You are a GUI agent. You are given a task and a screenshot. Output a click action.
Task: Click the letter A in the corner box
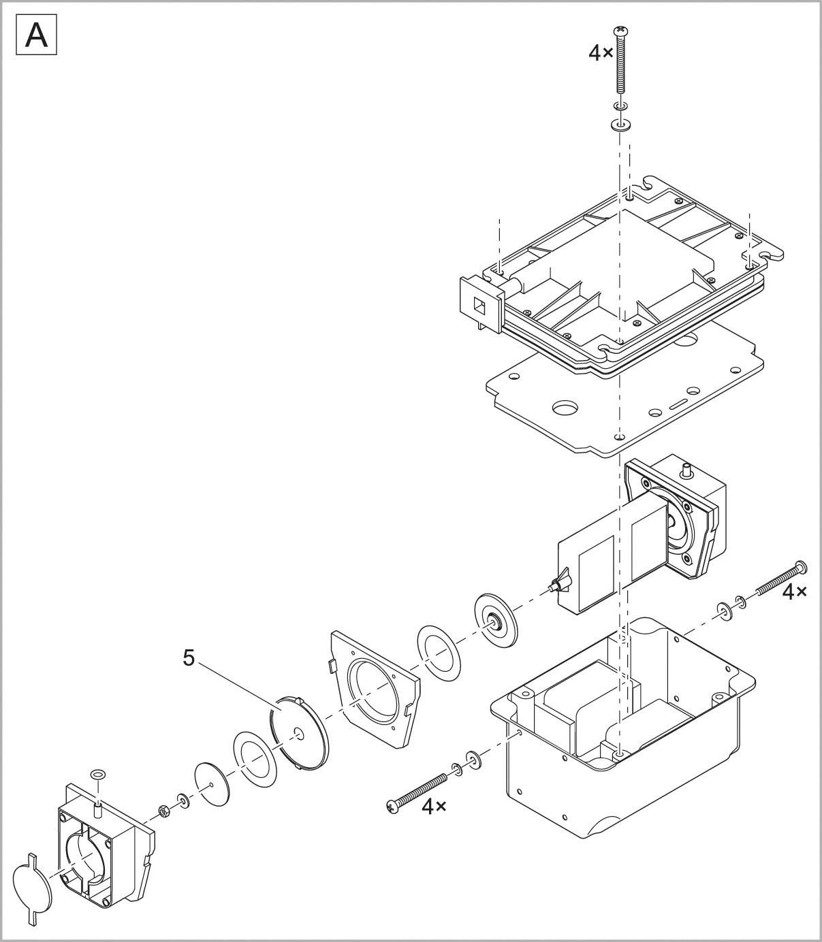tap(36, 36)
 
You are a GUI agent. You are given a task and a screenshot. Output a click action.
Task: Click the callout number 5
tap(189, 657)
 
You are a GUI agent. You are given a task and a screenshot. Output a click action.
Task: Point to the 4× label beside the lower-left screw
tap(434, 806)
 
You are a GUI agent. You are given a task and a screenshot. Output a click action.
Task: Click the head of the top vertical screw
tap(620, 31)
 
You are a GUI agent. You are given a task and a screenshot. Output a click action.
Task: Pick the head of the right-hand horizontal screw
tap(801, 566)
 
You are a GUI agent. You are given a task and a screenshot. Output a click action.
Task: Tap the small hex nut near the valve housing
tap(164, 811)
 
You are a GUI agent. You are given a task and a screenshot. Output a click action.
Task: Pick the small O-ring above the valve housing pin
tap(98, 773)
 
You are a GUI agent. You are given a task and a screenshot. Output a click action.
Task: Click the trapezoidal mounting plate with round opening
tap(373, 688)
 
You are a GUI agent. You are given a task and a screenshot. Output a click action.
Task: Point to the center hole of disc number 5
tap(298, 733)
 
